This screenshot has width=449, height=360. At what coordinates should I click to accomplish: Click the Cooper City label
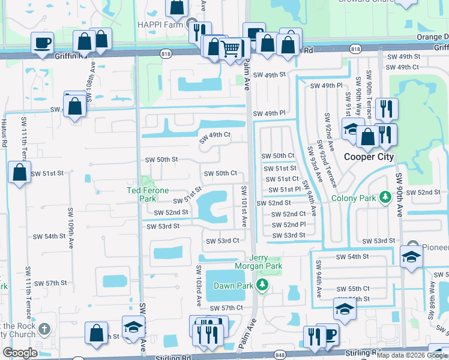[x=368, y=157]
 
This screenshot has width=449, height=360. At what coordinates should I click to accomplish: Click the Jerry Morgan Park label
[x=265, y=262]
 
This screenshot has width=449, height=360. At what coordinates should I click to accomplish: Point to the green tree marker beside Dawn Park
[x=261, y=285]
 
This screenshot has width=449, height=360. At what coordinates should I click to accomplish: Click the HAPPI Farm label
[x=167, y=26]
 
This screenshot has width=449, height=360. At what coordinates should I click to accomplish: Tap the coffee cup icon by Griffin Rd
[x=42, y=43]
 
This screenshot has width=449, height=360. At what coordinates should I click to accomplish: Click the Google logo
[x=20, y=353]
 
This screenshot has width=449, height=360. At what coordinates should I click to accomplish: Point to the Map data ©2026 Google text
[x=411, y=355]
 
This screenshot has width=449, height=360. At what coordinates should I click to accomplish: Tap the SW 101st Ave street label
[x=244, y=206]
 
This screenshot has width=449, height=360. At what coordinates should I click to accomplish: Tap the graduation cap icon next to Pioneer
[x=411, y=256]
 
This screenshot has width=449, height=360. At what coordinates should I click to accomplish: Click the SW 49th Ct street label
[x=215, y=137]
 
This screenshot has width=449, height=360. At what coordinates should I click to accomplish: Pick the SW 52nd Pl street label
[x=289, y=224]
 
